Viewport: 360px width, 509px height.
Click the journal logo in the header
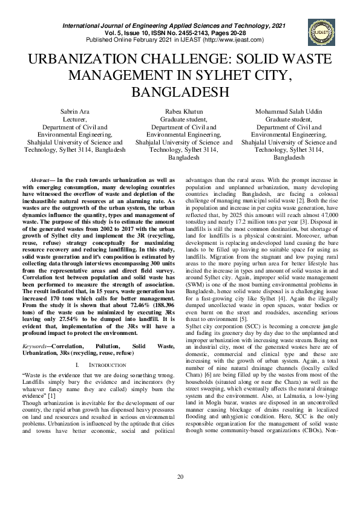tap(319, 31)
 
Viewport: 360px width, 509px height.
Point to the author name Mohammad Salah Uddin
tap(289, 113)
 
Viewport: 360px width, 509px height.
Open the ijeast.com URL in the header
tap(234, 40)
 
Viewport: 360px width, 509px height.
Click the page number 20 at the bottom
tap(180, 494)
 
